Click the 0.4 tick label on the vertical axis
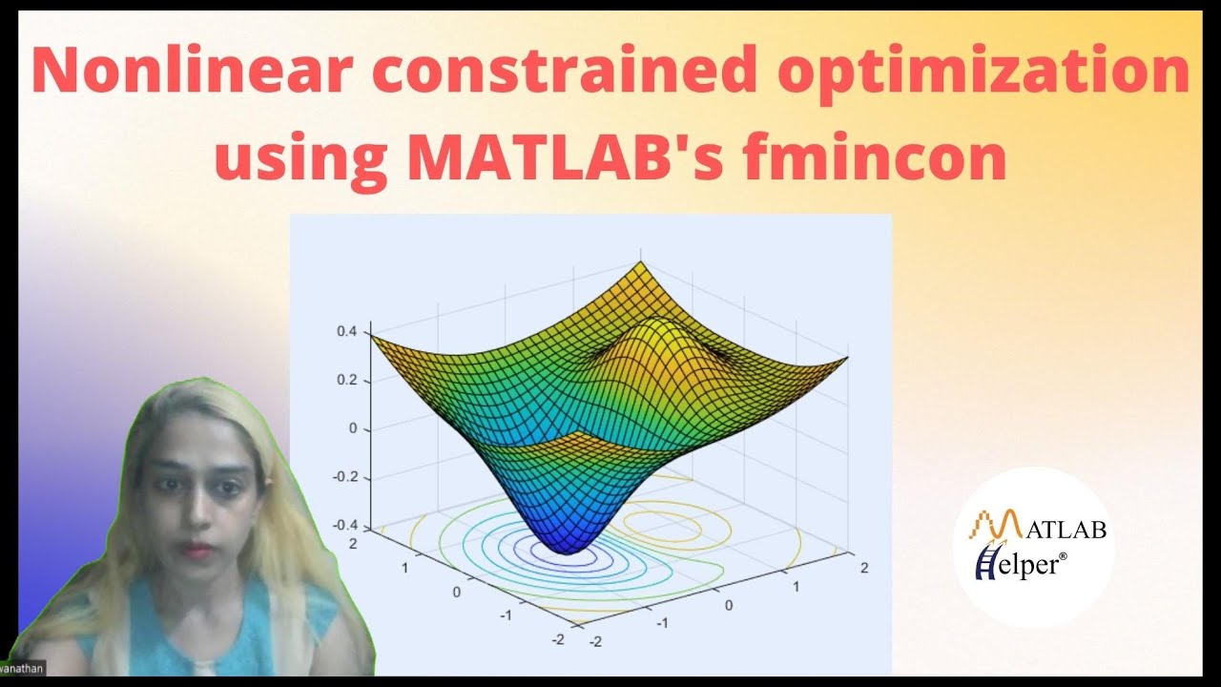344,331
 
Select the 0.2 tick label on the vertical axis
344,380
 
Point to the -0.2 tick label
341,477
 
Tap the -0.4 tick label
341,526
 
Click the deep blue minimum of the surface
567,544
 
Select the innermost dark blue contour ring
534,555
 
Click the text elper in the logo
1026,566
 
